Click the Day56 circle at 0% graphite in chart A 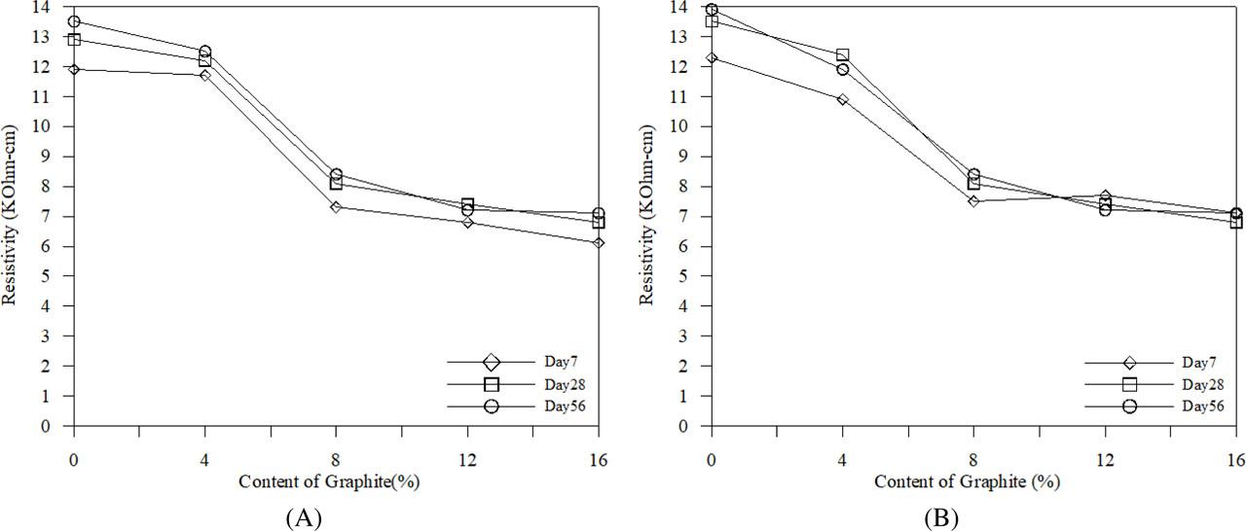[x=74, y=21]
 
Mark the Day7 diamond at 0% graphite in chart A [x=74, y=69]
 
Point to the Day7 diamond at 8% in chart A [x=336, y=207]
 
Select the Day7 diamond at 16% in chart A [x=599, y=242]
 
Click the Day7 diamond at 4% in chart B [x=842, y=99]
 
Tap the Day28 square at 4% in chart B [x=842, y=54]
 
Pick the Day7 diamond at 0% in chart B [x=712, y=57]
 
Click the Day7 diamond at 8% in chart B [x=973, y=201]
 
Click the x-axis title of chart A [x=336, y=480]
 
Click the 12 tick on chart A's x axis [x=467, y=457]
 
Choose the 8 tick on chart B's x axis [x=973, y=457]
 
